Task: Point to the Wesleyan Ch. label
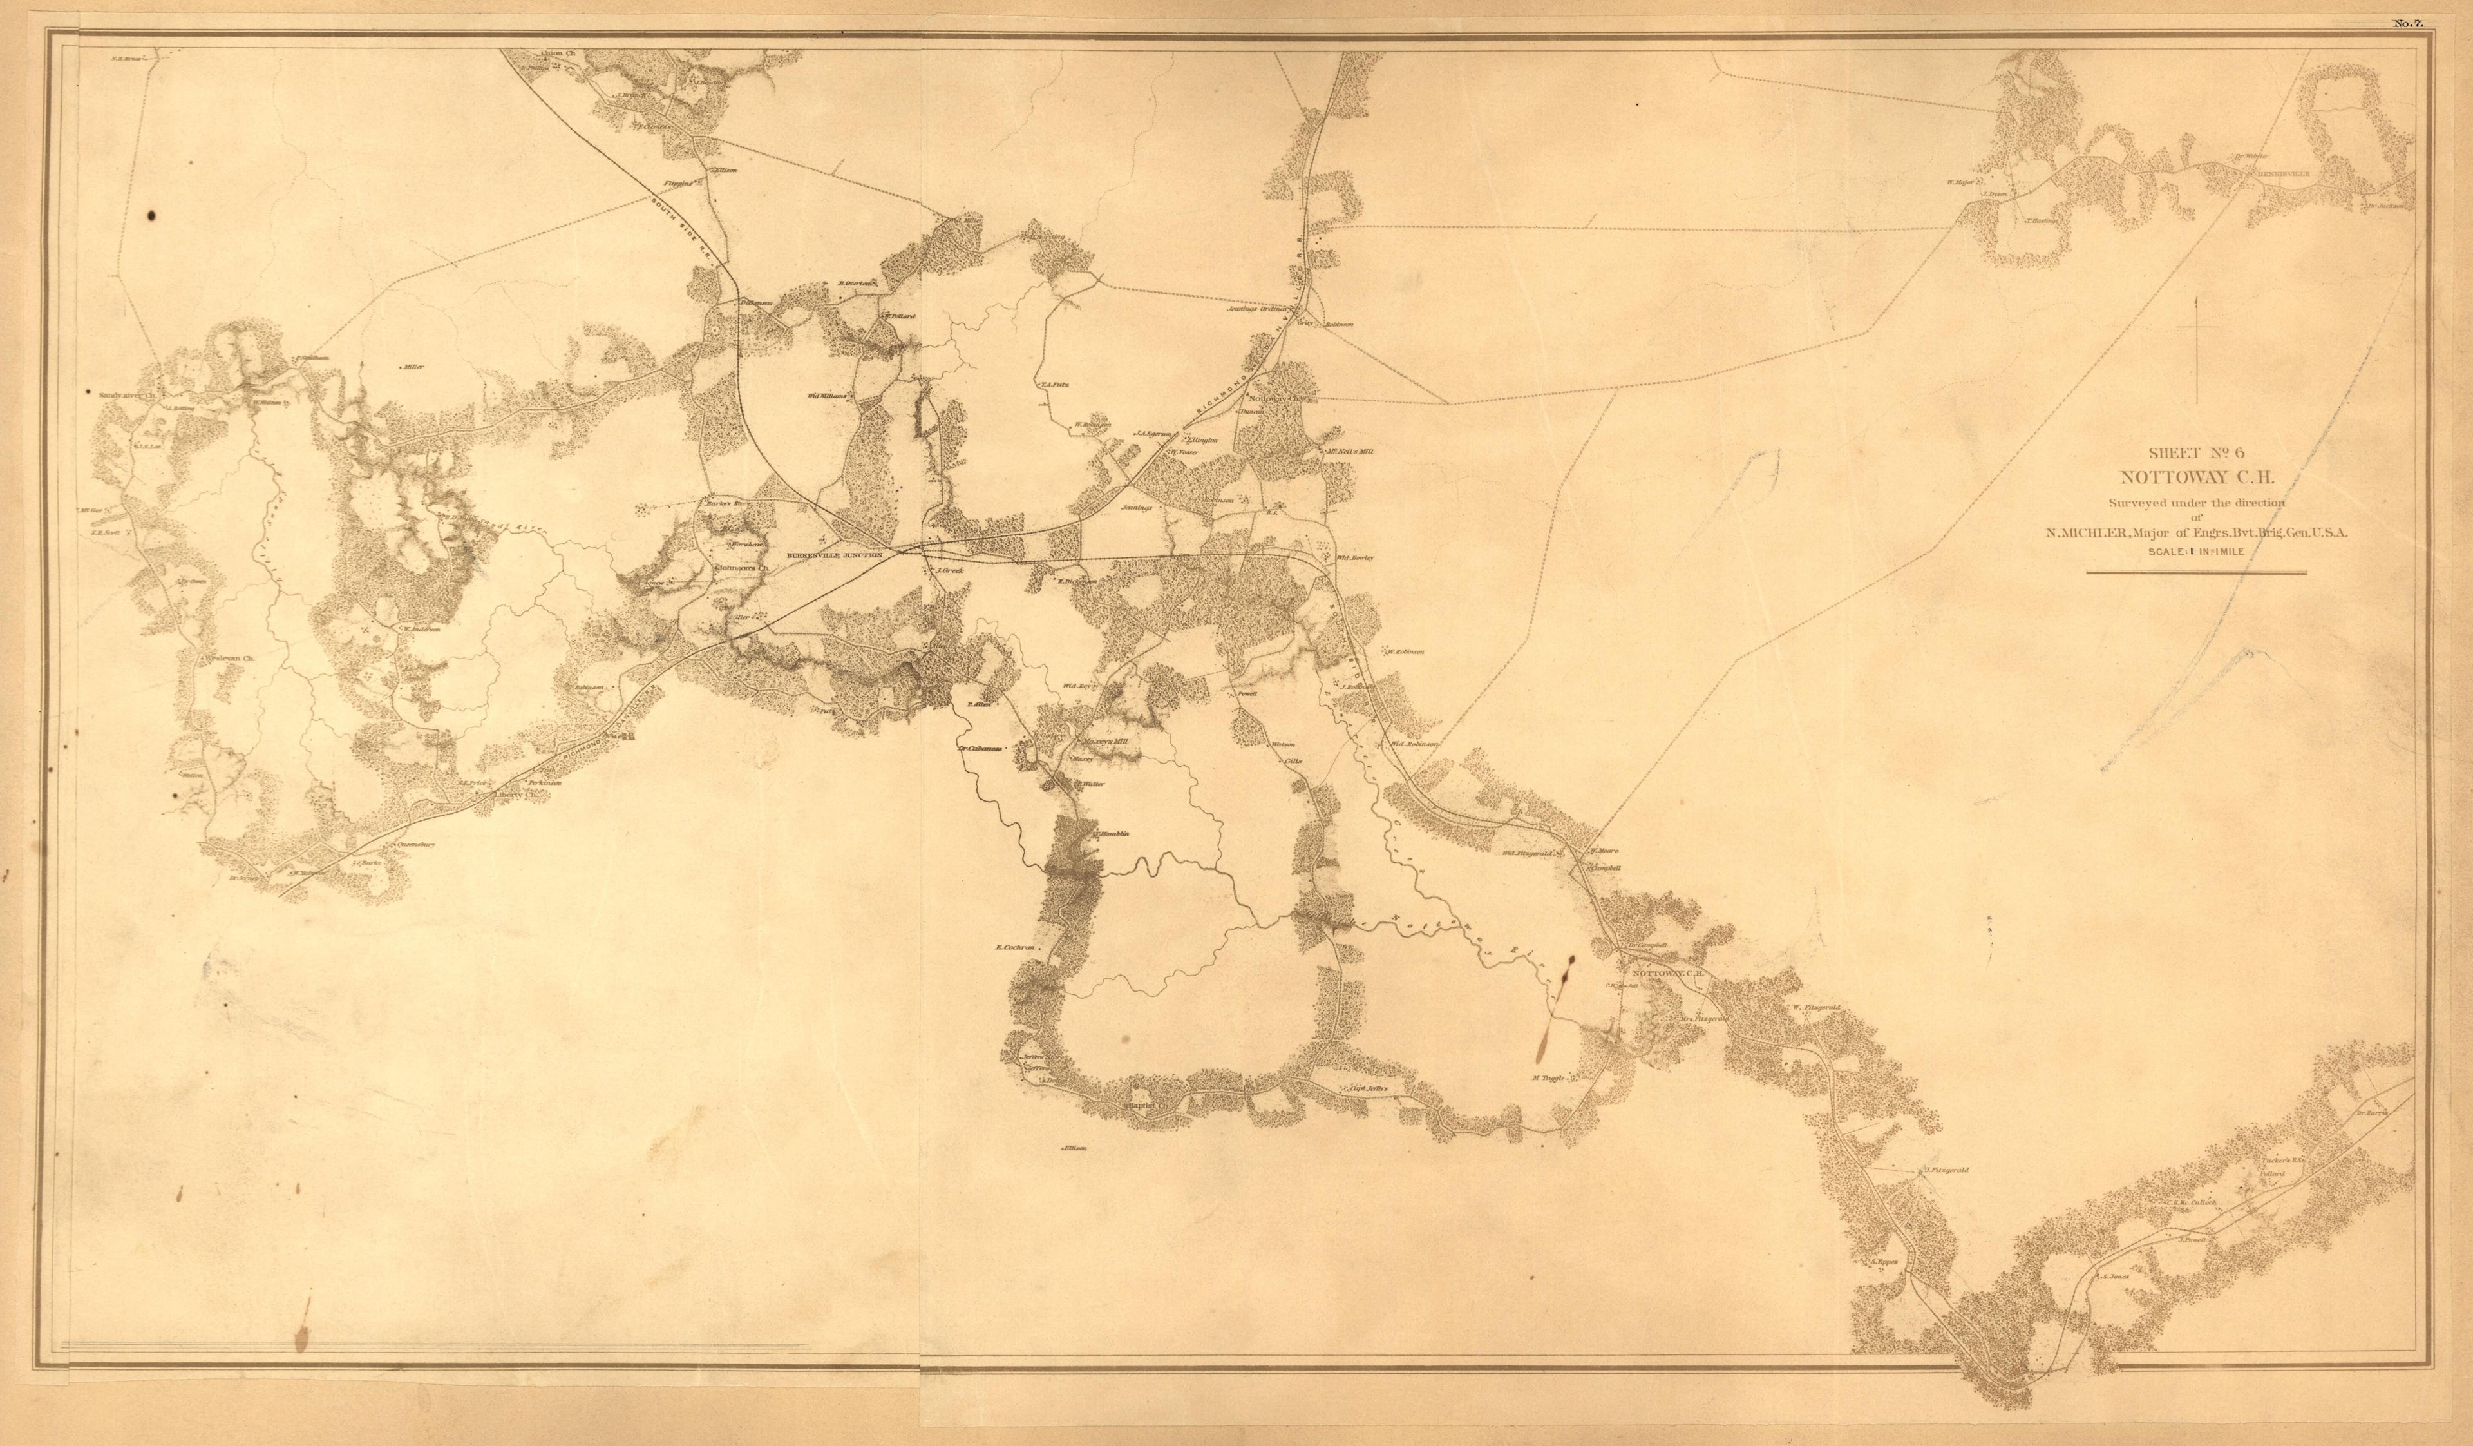click(x=228, y=658)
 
